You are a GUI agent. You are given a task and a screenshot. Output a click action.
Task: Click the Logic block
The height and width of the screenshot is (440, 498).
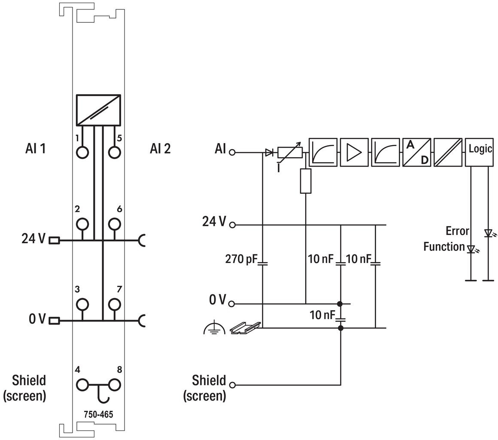[479, 152]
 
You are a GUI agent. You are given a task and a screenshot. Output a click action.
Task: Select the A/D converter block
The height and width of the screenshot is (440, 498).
[417, 152]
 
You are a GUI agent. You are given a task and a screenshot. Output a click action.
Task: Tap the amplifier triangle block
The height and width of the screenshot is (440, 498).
[354, 152]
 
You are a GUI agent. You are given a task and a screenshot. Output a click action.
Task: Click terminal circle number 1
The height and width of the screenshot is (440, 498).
[82, 152]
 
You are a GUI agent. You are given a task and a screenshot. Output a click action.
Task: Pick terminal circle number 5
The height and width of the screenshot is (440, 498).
[114, 152]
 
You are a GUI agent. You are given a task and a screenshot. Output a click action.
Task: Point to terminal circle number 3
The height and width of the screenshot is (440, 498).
[82, 304]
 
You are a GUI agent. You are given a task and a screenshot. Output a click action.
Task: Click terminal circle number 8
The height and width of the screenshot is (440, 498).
[114, 385]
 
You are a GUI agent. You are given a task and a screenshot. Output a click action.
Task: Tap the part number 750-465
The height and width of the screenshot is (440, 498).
[98, 414]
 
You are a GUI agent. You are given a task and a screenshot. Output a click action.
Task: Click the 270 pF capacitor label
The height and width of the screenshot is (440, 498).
[241, 260]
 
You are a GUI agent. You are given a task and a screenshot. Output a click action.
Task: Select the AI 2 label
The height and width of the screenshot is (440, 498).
[160, 149]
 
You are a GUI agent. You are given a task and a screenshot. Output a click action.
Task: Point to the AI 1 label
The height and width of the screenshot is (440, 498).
[35, 149]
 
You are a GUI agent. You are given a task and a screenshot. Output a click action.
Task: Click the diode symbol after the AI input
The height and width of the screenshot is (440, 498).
[269, 153]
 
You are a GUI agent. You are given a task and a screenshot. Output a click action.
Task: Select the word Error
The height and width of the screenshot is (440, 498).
[457, 231]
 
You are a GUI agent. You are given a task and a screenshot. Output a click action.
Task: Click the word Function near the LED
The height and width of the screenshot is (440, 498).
[444, 247]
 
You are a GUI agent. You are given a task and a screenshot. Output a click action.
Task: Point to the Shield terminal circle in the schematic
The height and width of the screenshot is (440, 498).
[233, 385]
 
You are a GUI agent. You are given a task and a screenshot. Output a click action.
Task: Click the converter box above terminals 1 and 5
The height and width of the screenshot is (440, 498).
[98, 110]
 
